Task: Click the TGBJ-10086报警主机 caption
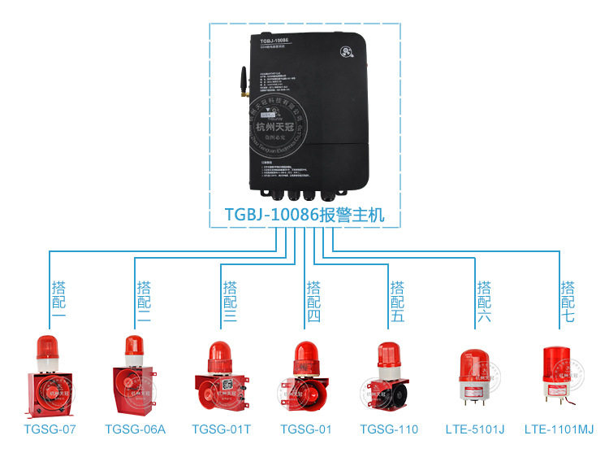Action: pyautogui.click(x=304, y=216)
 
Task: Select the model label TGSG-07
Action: pyautogui.click(x=50, y=429)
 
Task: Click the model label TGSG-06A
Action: pyautogui.click(x=136, y=429)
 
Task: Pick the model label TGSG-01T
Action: pyautogui.click(x=222, y=429)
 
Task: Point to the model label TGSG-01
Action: pyautogui.click(x=307, y=429)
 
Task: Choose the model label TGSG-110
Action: pyautogui.click(x=389, y=429)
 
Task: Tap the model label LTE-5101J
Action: pyautogui.click(x=475, y=429)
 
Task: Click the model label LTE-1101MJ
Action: pyautogui.click(x=559, y=429)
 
